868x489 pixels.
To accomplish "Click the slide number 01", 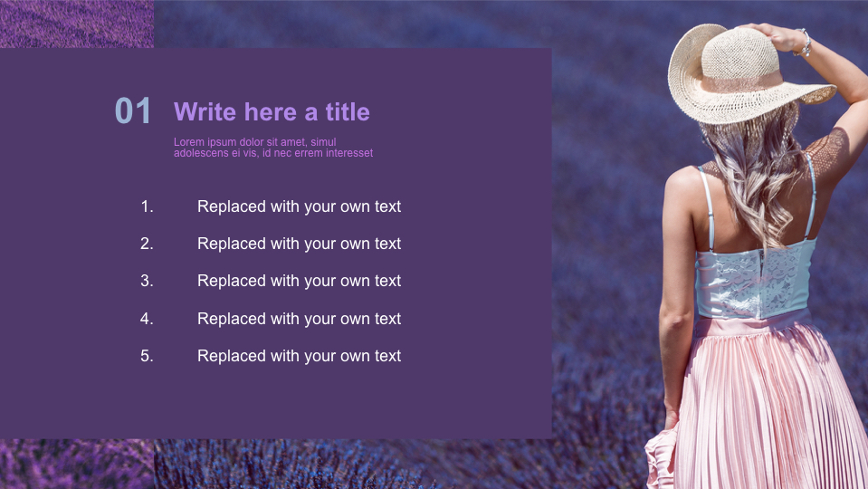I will [x=133, y=111].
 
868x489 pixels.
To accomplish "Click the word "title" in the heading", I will [x=348, y=112].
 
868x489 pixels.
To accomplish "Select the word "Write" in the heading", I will [x=200, y=112].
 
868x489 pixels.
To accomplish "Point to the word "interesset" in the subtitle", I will [x=349, y=153].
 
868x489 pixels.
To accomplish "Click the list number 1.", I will [x=147, y=206].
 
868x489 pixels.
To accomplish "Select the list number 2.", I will [x=147, y=244].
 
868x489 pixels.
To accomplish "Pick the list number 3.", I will [x=147, y=281].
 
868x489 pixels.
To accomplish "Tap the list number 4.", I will [x=147, y=319].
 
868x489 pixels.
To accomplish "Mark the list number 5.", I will [x=147, y=356].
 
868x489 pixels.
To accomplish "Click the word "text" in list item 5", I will [x=387, y=356].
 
